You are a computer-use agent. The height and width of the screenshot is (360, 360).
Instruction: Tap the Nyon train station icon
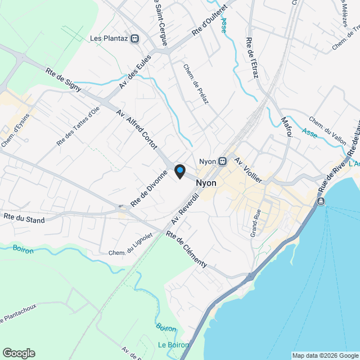[x=223, y=161]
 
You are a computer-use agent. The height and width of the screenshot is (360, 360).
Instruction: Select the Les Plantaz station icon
[x=135, y=39]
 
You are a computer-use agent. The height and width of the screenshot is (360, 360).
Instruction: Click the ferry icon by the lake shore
[x=321, y=201]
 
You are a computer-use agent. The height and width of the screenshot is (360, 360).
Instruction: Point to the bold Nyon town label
[x=206, y=183]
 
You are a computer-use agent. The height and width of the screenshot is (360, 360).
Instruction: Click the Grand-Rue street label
[x=256, y=222]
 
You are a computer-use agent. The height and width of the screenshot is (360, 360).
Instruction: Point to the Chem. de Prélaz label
[x=196, y=87]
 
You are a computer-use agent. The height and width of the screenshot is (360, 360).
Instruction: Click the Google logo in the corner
[x=19, y=353]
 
